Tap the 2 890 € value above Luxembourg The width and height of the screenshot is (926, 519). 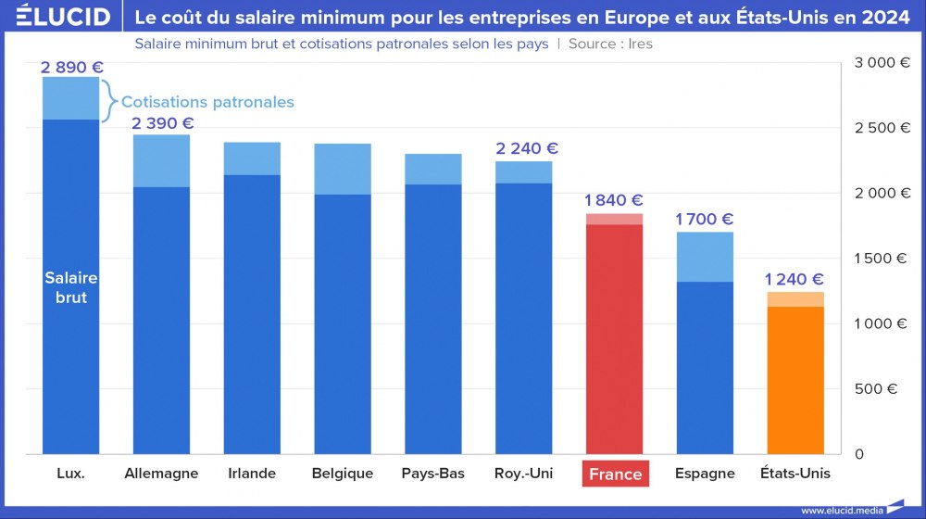pyautogui.click(x=72, y=67)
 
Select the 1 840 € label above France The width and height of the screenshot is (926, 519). pyautogui.click(x=614, y=200)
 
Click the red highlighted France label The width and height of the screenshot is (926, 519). pyautogui.click(x=615, y=474)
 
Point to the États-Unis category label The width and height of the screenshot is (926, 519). pyautogui.click(x=795, y=473)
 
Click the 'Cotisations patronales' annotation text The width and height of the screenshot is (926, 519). pyautogui.click(x=207, y=102)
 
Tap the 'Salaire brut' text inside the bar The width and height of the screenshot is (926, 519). pyautogui.click(x=71, y=287)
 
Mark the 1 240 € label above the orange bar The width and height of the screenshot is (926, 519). pyautogui.click(x=795, y=279)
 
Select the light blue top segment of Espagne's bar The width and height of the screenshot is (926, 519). pyautogui.click(x=705, y=257)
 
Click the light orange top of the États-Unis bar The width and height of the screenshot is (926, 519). pyautogui.click(x=795, y=298)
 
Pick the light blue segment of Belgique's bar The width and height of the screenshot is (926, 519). pyautogui.click(x=343, y=169)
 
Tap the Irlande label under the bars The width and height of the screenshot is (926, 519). pyautogui.click(x=252, y=473)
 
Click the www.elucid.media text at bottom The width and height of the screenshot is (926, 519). pyautogui.click(x=841, y=510)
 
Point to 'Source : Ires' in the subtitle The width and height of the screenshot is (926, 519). pyautogui.click(x=610, y=44)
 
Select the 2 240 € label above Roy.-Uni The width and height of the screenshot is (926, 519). pyautogui.click(x=527, y=148)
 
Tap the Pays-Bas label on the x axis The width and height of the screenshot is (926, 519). pyautogui.click(x=432, y=473)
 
